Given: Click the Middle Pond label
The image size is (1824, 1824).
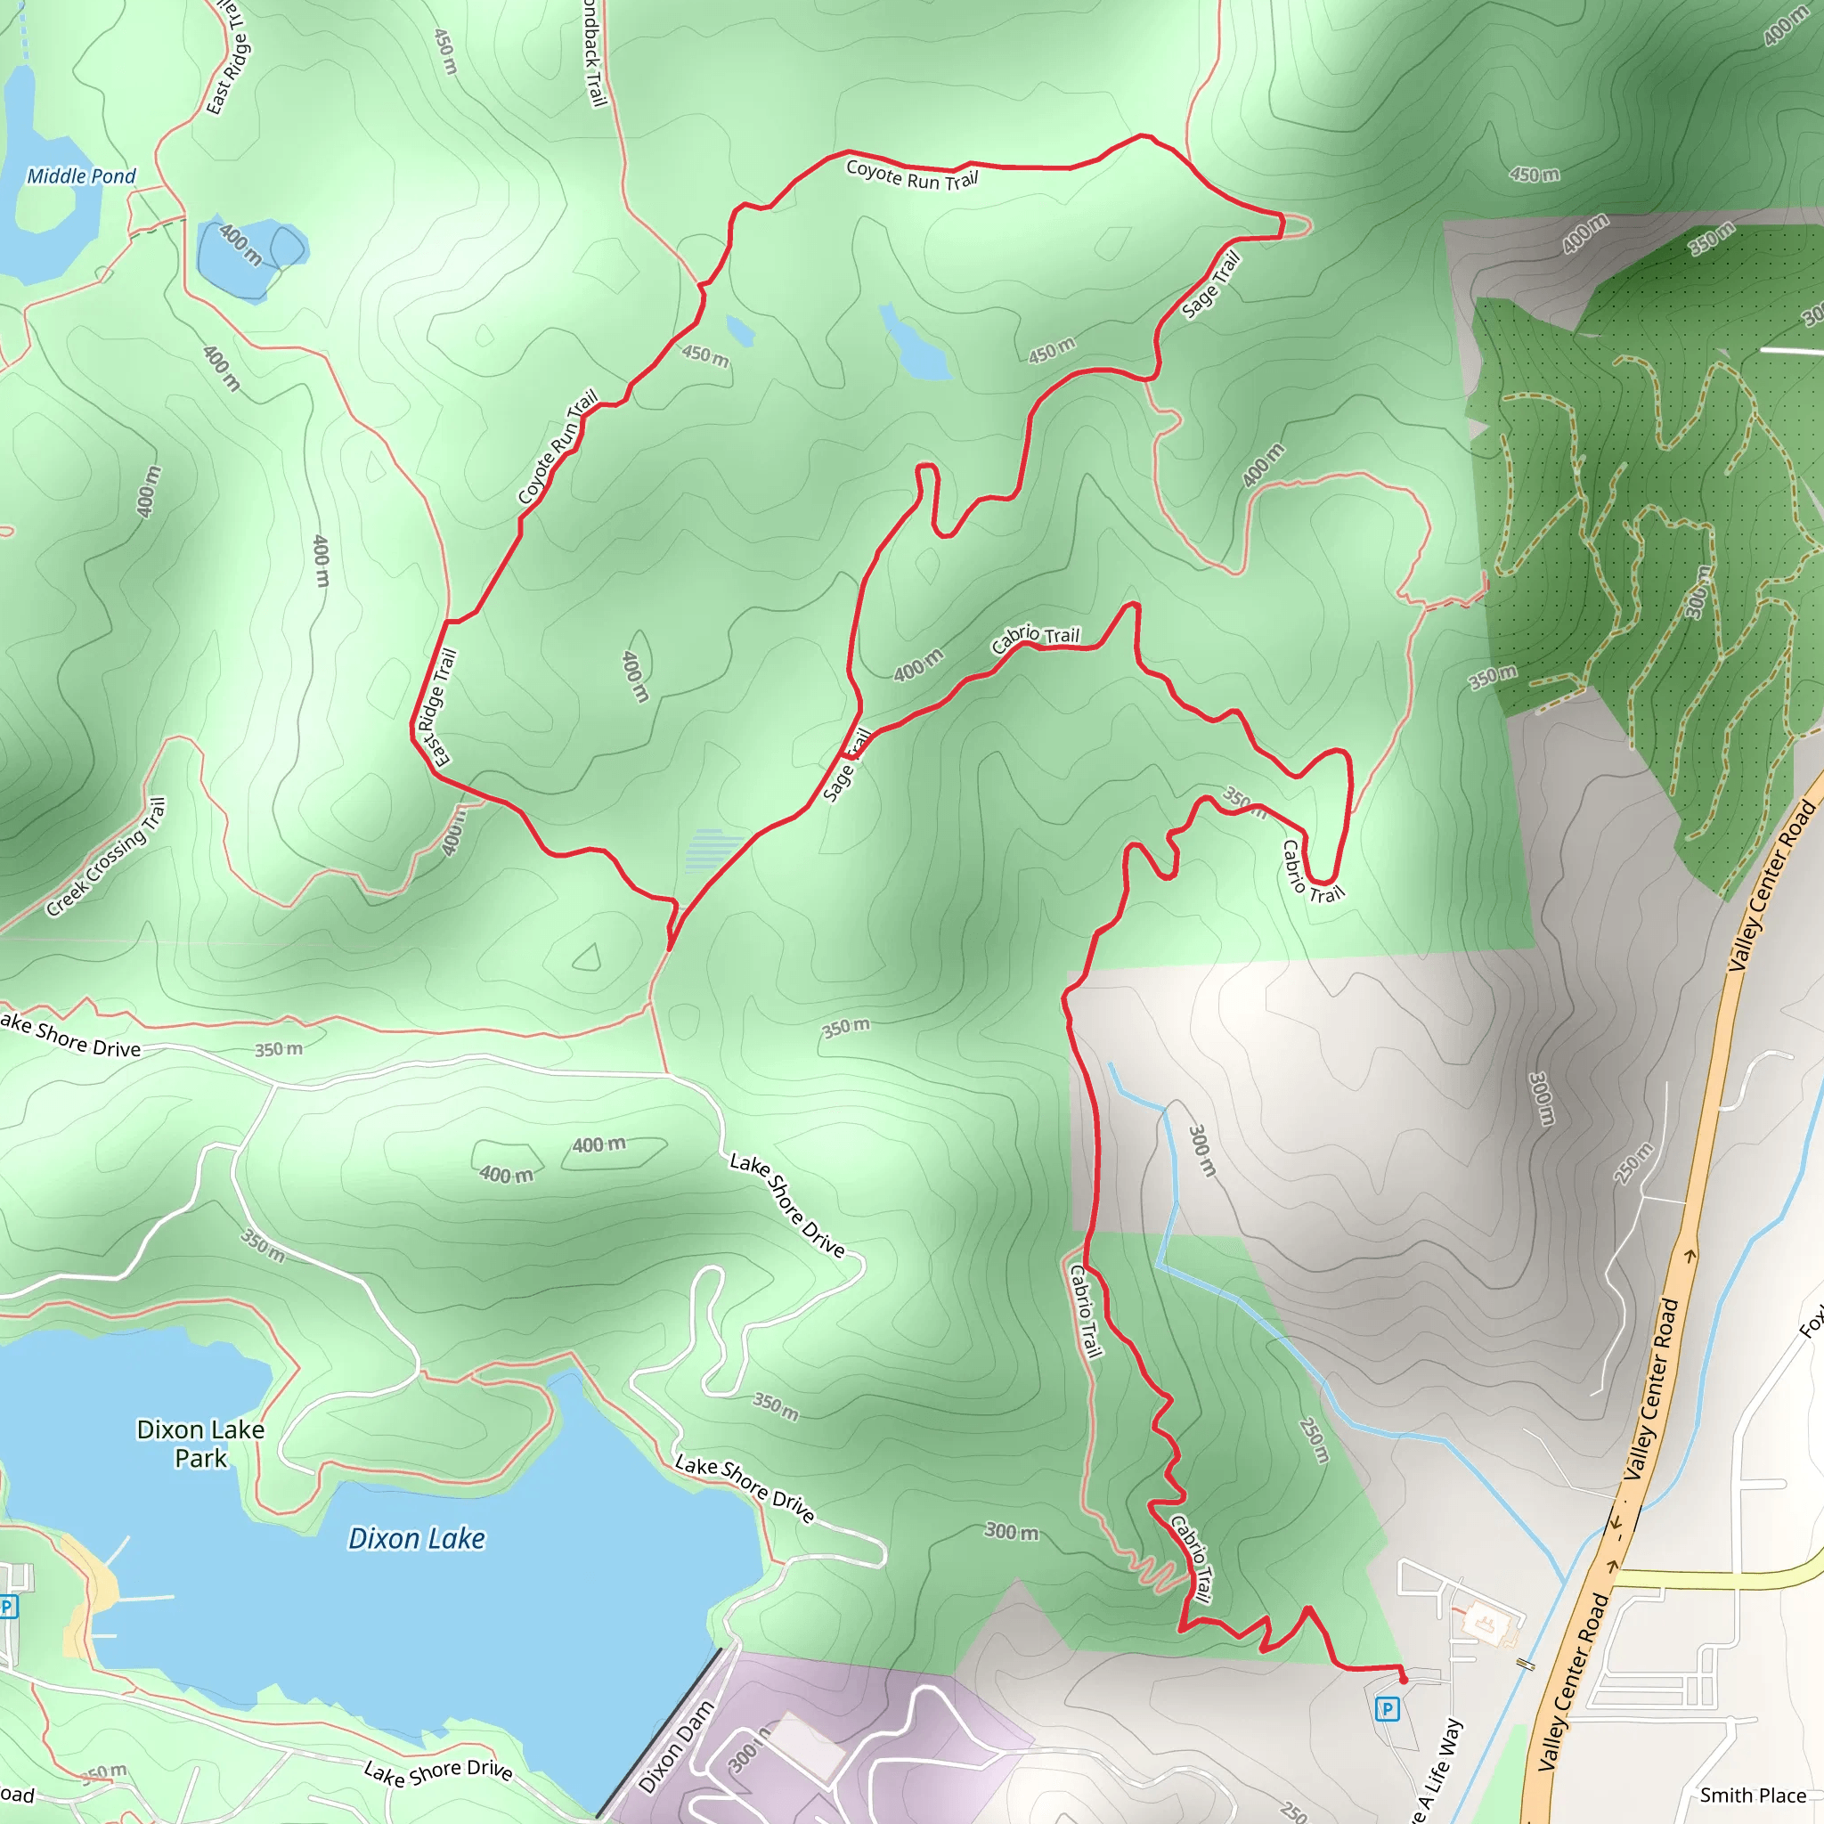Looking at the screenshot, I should point(81,175).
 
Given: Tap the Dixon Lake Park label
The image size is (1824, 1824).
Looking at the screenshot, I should point(200,1444).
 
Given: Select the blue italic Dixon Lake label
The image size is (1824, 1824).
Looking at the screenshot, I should point(416,1539).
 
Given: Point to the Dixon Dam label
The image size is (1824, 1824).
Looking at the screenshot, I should point(676,1747).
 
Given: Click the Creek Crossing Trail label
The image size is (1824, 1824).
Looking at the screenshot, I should point(106,858).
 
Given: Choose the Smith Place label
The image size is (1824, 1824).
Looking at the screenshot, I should point(1752,1795).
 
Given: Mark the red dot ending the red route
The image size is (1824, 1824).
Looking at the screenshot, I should point(1403,1680).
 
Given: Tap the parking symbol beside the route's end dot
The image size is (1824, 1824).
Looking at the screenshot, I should point(1387,1709).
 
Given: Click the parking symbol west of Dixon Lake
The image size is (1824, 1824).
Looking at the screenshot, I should point(7,1606).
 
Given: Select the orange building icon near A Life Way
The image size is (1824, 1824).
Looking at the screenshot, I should point(1484,1624).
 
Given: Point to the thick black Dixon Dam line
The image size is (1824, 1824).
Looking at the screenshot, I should point(658,1733).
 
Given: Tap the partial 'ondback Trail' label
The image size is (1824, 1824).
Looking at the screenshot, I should point(593,52).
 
